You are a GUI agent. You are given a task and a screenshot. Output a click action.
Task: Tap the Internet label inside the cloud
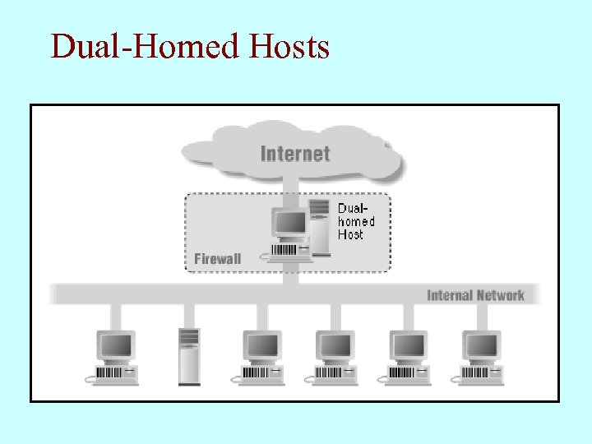click(295, 154)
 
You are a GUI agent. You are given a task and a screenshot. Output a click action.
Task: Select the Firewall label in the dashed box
click(218, 259)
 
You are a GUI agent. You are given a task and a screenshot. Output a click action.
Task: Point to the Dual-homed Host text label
click(356, 221)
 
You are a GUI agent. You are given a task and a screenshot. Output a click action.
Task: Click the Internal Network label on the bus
click(475, 295)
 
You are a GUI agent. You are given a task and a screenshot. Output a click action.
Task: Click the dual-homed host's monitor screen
click(289, 223)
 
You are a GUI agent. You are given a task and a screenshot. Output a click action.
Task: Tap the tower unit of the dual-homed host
click(319, 224)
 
